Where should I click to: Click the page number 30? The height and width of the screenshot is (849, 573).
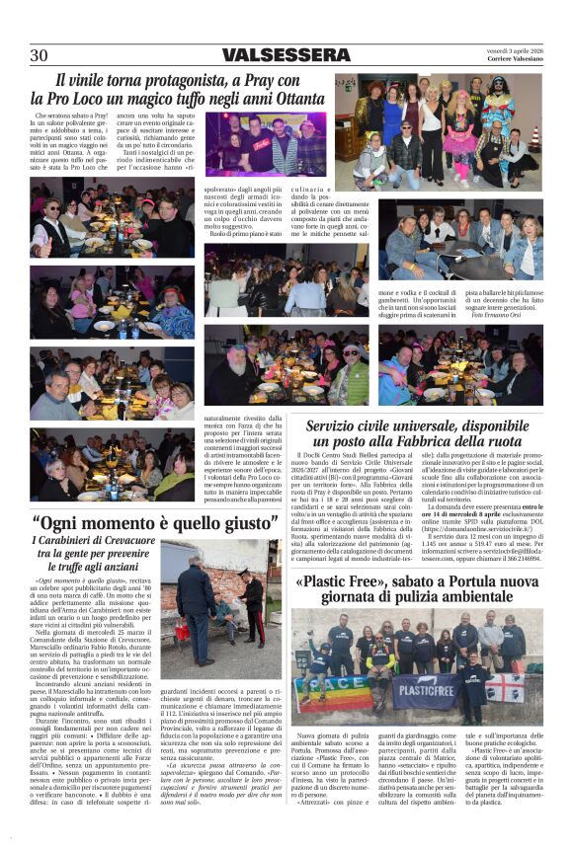click(39, 55)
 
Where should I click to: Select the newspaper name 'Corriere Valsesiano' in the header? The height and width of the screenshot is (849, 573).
click(509, 60)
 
